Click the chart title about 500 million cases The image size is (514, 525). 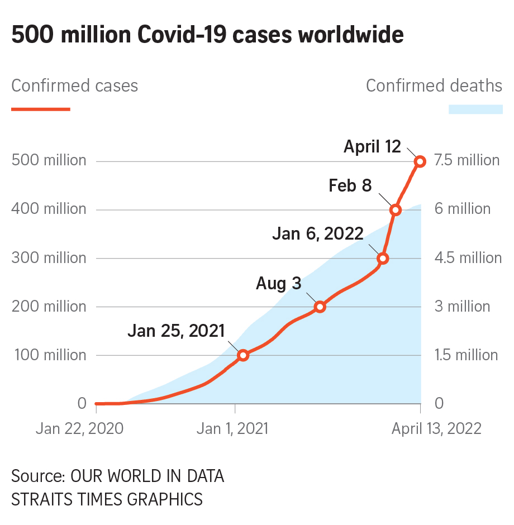tap(207, 35)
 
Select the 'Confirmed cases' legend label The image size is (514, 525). tap(75, 86)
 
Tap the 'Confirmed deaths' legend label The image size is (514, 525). tap(434, 86)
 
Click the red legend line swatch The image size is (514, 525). tap(41, 109)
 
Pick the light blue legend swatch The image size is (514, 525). tap(475, 109)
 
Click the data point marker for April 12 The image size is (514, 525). tap(420, 161)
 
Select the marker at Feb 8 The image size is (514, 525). tap(396, 210)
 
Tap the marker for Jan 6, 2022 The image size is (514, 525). tap(383, 259)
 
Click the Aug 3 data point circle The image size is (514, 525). tap(320, 307)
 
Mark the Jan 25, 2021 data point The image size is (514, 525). tap(242, 355)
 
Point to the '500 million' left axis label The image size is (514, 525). tap(49, 161)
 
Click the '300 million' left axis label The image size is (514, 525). tap(49, 258)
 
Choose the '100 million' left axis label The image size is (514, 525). tap(49, 355)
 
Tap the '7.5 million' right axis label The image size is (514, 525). tap(467, 161)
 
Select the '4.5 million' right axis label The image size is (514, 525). tap(468, 258)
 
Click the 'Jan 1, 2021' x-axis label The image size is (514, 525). tap(232, 428)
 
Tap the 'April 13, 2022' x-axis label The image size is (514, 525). tap(436, 428)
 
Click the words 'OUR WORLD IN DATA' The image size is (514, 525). tap(147, 476)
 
